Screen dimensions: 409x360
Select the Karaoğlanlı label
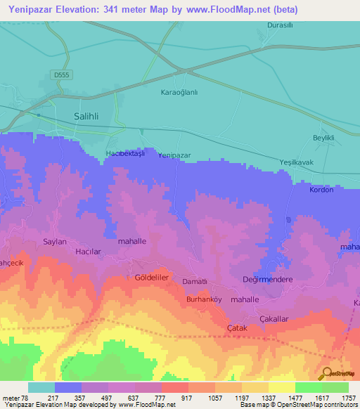pyautogui.click(x=181, y=92)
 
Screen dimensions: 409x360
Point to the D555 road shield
pyautogui.click(x=61, y=73)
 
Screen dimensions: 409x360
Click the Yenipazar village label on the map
pyautogui.click(x=174, y=155)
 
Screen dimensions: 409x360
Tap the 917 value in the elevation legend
pyautogui.click(x=188, y=398)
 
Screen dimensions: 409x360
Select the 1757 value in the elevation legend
pyautogui.click(x=349, y=398)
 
